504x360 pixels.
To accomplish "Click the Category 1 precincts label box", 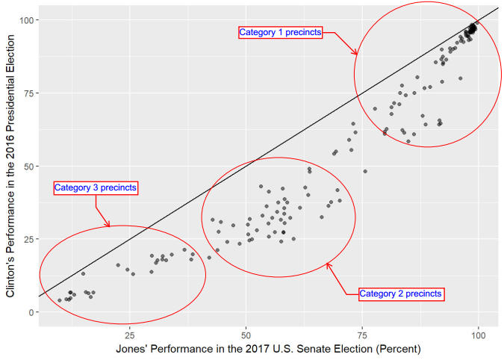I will [x=280, y=32].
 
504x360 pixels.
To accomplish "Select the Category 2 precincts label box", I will [x=401, y=294].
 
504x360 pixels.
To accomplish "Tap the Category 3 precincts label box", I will [x=96, y=187].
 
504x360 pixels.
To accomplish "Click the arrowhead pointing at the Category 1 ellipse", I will [x=356, y=53].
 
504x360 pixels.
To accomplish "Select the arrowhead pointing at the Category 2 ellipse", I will [x=328, y=264].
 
